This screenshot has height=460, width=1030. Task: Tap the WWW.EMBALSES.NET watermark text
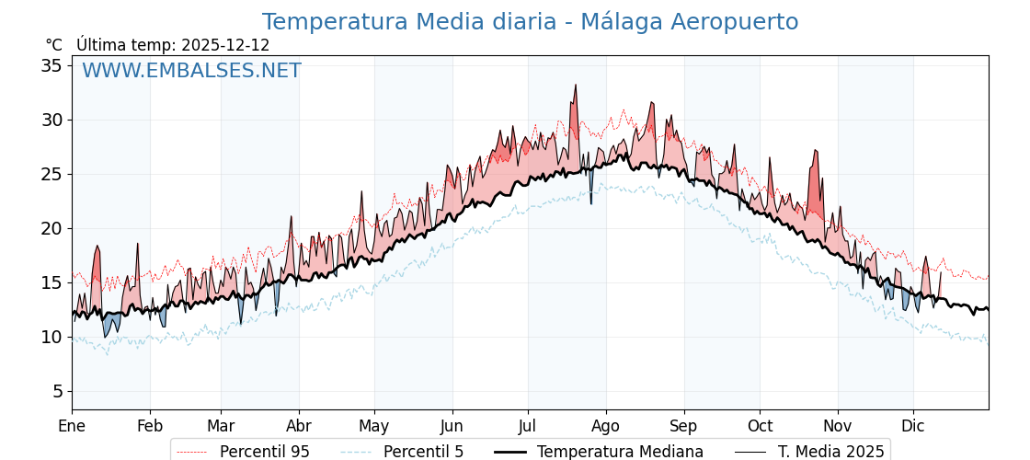191,71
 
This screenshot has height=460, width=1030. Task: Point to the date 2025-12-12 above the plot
225,45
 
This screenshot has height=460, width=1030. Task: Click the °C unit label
54,45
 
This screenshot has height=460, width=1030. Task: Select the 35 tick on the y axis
51,65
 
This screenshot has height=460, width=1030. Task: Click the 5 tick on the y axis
57,391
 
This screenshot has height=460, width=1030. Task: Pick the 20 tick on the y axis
51,228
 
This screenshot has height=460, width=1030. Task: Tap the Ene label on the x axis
72,426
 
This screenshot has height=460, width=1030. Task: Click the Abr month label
299,426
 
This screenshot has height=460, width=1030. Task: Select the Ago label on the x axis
605,426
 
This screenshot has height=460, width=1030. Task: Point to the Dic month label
913,426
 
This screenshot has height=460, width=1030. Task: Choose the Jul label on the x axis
528,426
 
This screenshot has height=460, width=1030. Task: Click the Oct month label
760,426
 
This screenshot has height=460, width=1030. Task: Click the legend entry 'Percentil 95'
264,452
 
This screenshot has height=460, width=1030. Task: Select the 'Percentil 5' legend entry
423,452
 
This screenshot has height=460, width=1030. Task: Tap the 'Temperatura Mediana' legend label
620,452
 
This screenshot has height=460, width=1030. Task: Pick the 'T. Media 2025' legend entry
830,452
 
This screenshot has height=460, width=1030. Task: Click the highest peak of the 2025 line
576,86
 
